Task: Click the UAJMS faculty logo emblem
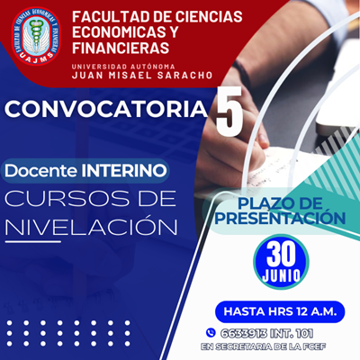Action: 36,36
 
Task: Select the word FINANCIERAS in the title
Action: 121,48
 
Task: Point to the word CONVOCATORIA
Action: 106,109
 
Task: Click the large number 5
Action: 229,112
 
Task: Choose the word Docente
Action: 40,171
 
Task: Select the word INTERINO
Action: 124,171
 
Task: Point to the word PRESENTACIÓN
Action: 280,217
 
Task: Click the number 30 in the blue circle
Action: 281,254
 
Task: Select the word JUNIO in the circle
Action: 281,275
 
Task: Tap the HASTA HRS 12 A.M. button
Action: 280,311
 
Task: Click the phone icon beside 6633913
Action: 211,333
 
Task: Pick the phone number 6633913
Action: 244,333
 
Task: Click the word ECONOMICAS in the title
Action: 114,32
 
